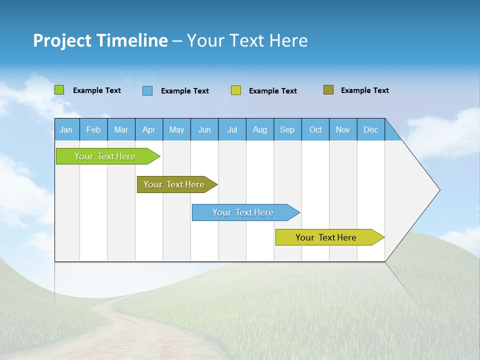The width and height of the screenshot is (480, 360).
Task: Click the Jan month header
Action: point(66,129)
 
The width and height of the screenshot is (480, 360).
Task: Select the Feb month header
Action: point(93,129)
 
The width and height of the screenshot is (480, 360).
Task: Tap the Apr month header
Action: point(149,129)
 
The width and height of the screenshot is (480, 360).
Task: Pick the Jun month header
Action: point(204,129)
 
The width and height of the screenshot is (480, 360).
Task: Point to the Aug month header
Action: point(260,129)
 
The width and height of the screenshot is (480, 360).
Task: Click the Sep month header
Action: point(287,129)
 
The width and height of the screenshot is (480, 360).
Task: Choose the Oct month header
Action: point(315,129)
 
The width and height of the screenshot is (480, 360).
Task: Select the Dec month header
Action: point(371,129)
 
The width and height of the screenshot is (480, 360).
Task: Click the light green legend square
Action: point(59,90)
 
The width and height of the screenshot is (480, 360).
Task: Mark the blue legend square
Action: point(147,90)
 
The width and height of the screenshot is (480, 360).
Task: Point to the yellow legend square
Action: point(236,90)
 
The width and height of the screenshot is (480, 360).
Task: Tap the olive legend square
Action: point(328,90)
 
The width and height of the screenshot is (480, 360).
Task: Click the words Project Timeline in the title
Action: point(100,40)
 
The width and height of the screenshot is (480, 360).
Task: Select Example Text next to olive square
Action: point(364,90)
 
